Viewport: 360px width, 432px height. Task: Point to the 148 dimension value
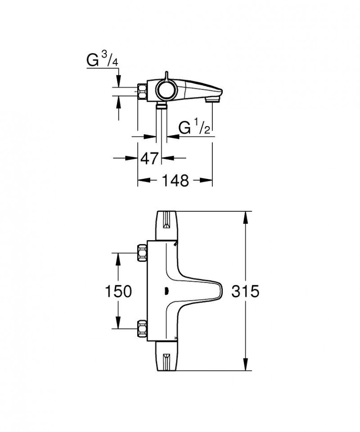tap(175, 181)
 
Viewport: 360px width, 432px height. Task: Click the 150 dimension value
tap(118, 291)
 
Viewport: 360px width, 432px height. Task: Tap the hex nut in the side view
tap(142, 91)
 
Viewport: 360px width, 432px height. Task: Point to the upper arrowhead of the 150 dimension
tap(118, 257)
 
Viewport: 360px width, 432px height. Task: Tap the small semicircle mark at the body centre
tap(166, 291)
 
